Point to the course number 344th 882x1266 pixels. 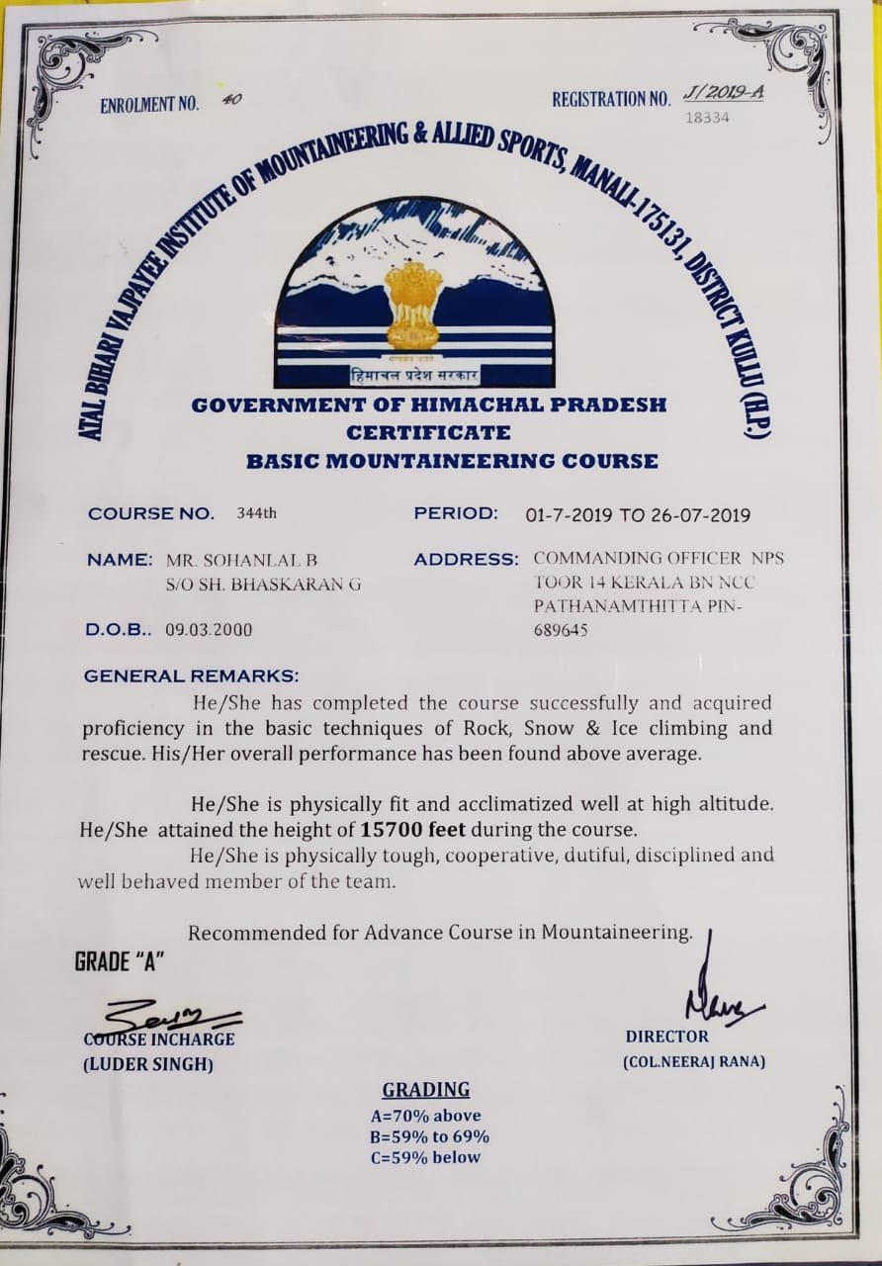point(259,513)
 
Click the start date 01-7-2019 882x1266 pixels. point(568,514)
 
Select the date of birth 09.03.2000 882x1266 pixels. point(211,628)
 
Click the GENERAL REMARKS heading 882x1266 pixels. point(190,677)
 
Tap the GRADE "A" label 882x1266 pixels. point(119,962)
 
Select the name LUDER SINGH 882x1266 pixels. point(147,1064)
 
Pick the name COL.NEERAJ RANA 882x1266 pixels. point(693,1062)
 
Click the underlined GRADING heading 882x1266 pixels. point(425,1090)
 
